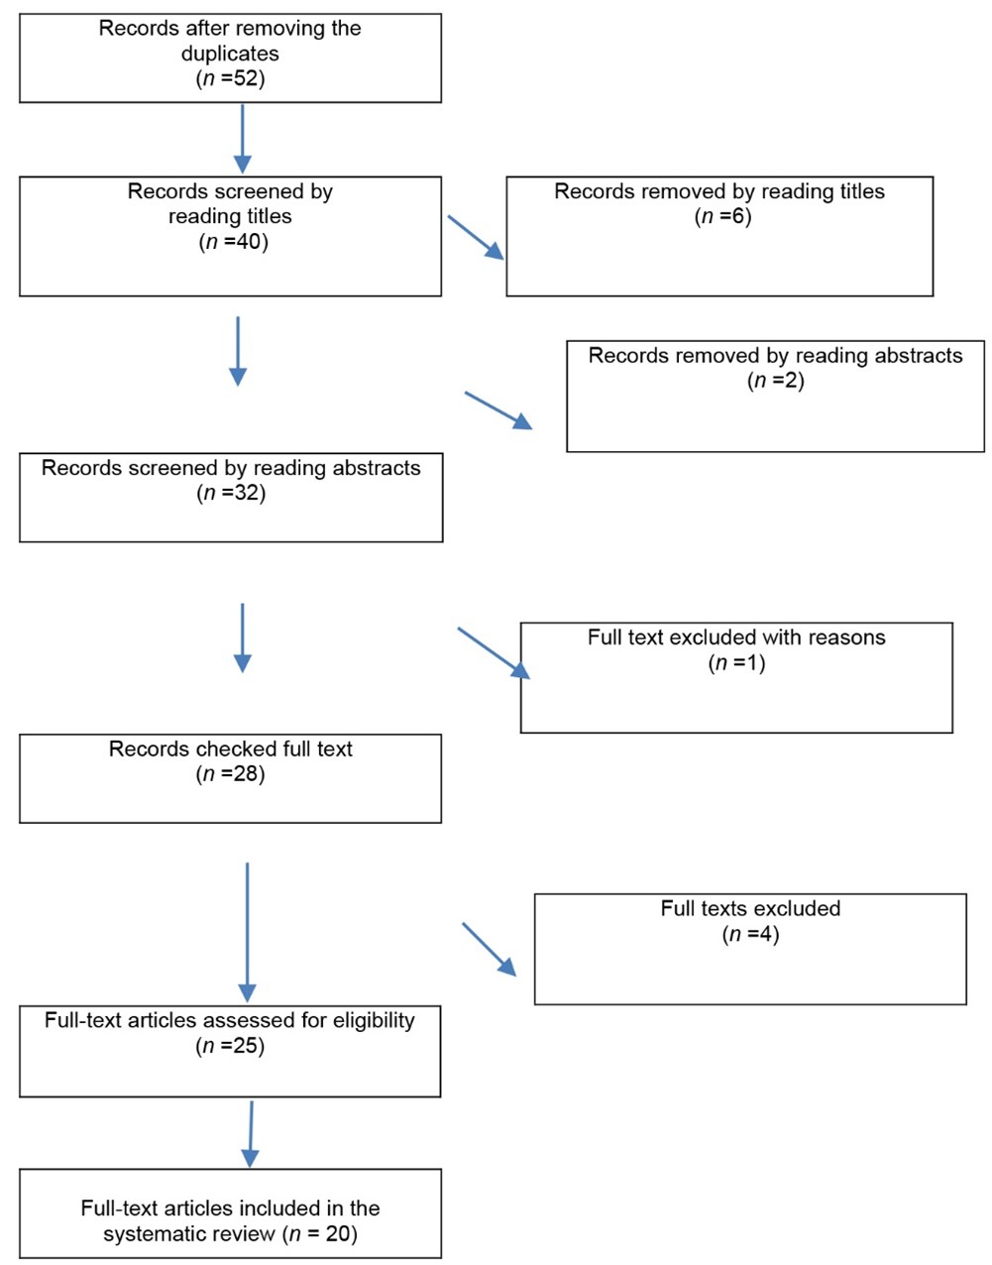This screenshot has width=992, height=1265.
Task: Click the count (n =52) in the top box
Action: point(230,78)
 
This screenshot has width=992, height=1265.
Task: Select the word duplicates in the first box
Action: point(230,54)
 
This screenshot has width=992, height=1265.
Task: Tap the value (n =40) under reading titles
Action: point(233,242)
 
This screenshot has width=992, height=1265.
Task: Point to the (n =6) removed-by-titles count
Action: point(722,216)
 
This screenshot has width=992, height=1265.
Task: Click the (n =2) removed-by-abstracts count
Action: point(776,380)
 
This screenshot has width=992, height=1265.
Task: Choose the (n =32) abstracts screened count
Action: point(231,493)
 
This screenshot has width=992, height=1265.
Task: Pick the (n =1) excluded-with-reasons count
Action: point(736,662)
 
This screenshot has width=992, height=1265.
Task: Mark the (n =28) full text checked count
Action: point(230,773)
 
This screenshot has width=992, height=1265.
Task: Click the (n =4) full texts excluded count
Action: point(750,934)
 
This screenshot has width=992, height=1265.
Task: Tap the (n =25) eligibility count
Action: point(230,1046)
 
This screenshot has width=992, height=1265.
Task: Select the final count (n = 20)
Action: point(320,1233)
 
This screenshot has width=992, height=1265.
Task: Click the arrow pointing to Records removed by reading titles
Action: point(476,238)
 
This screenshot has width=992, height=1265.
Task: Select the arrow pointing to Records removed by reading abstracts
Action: point(498,410)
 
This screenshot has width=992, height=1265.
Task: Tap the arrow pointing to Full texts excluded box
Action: point(490,949)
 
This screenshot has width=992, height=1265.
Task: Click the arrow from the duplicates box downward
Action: point(243,139)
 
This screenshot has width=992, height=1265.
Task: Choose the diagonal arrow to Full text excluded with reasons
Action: point(494,653)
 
